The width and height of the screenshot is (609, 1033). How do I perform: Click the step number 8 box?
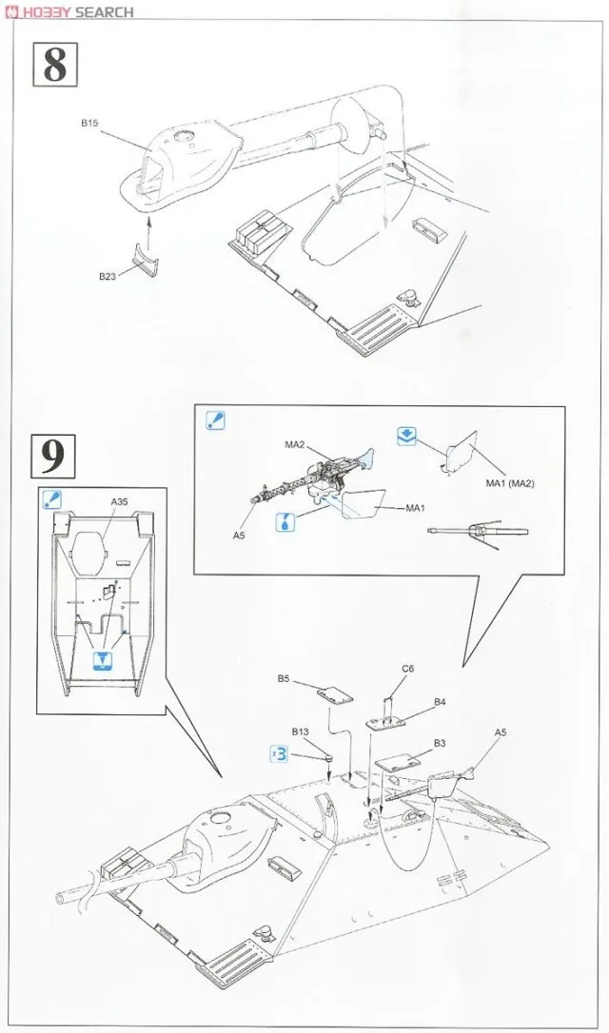click(55, 65)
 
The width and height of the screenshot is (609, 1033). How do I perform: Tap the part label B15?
click(89, 123)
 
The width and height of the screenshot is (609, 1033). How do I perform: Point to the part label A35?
click(119, 501)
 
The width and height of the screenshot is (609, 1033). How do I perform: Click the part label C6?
click(407, 669)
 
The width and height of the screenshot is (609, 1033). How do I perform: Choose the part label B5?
click(284, 678)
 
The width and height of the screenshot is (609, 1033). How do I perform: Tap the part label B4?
click(440, 702)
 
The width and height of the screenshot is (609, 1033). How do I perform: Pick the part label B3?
click(440, 742)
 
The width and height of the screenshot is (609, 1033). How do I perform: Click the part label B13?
click(301, 732)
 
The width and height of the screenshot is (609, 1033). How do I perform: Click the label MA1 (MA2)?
click(510, 484)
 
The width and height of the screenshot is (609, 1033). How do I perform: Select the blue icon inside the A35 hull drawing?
click(101, 661)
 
